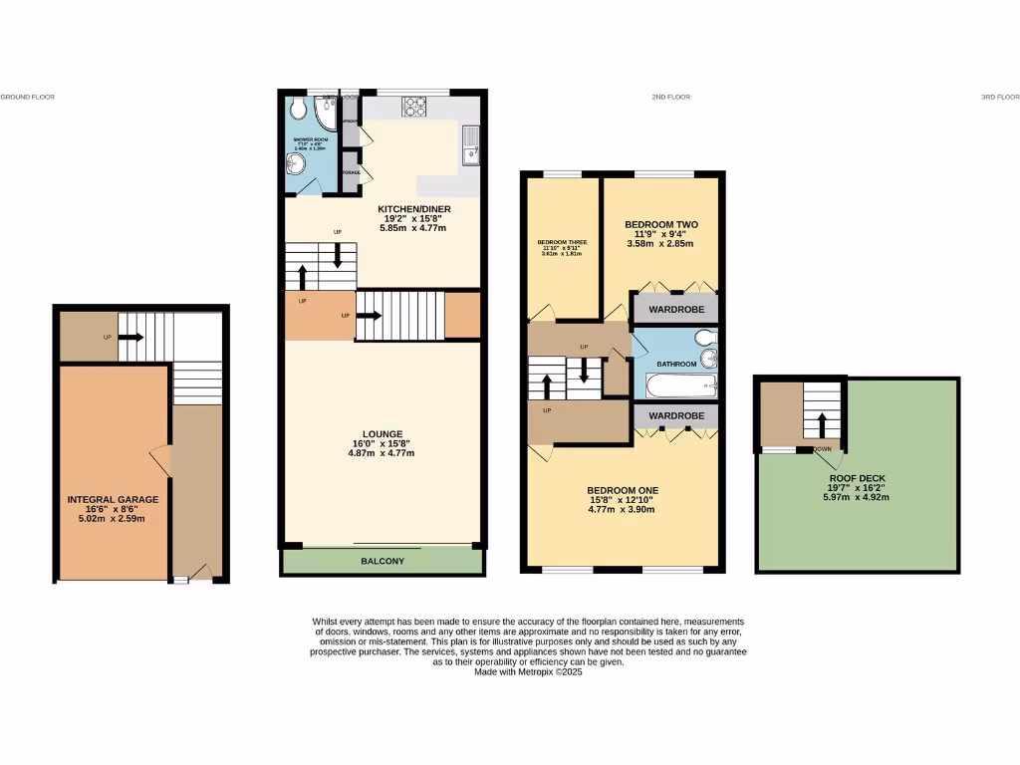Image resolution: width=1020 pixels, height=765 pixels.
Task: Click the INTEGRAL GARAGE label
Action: tap(112, 499)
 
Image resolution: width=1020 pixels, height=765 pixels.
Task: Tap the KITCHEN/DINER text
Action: tap(411, 210)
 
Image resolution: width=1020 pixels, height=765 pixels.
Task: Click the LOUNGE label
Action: tap(382, 433)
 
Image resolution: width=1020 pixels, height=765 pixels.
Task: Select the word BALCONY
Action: tap(382, 562)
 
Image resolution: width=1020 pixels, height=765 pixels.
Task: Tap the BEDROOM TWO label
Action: tap(658, 225)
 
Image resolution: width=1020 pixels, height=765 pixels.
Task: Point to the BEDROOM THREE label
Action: tap(559, 242)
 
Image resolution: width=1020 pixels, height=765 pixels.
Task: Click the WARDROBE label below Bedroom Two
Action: tap(676, 310)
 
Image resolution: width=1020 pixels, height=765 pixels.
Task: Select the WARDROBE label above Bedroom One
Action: tap(676, 415)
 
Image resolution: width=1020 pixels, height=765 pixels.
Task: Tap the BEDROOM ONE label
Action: tap(622, 490)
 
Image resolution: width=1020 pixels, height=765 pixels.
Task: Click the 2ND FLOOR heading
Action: tap(670, 97)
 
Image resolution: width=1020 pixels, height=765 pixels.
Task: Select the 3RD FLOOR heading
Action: tap(1000, 97)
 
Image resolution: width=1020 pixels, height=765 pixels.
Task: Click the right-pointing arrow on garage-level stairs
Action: tap(130, 338)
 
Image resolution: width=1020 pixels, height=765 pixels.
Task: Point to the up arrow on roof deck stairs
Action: tap(821, 426)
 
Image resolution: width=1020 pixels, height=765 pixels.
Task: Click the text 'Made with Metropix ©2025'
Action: tap(528, 672)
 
